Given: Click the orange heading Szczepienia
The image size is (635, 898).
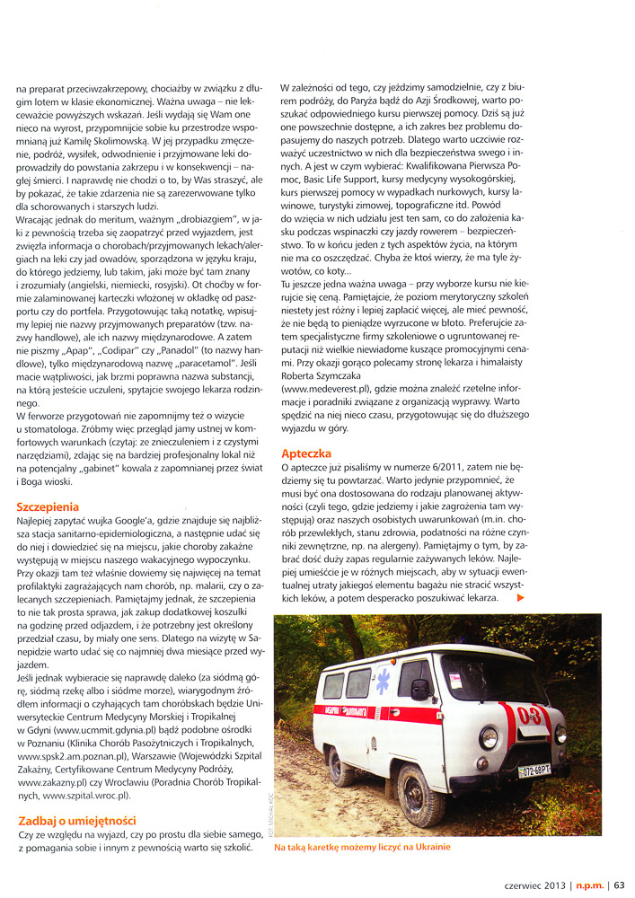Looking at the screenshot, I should pos(53,506).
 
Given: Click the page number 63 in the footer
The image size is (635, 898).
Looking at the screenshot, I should pos(620,885).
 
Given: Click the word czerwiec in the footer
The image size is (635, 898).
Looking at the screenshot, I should pos(509,885).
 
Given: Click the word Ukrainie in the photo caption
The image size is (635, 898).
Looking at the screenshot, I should pos(428,847).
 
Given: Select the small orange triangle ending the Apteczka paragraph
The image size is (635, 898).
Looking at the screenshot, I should pos(521,597).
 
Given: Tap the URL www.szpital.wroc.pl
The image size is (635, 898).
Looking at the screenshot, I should pos(85,795).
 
